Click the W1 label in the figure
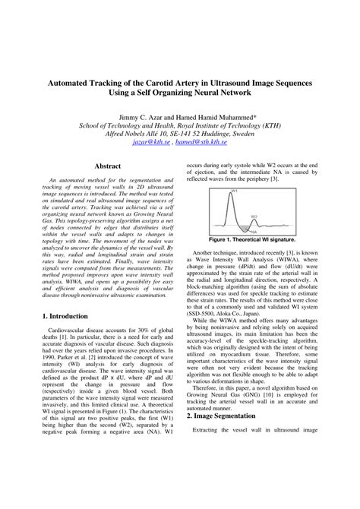[x=235, y=191]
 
